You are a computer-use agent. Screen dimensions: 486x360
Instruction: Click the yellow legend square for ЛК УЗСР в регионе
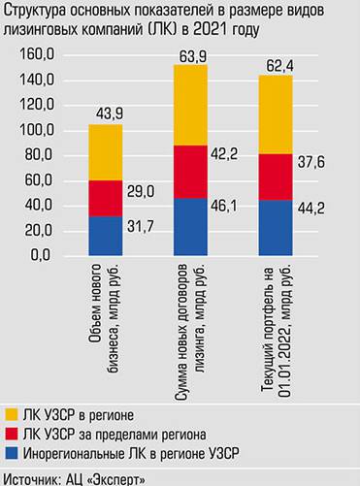point(11,414)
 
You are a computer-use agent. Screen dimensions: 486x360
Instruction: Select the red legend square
point(11,434)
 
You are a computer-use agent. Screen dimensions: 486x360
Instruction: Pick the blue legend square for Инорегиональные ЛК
point(11,453)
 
